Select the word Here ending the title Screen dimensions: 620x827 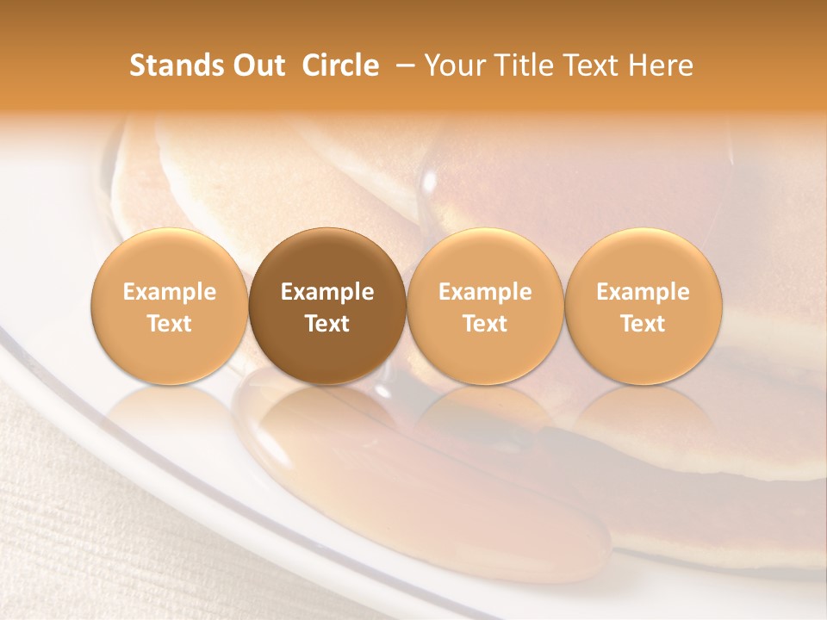[x=661, y=65]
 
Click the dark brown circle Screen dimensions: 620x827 [x=326, y=258]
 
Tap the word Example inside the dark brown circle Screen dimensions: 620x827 [x=327, y=292]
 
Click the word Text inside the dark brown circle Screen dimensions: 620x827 [x=327, y=324]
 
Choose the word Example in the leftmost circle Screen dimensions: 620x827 [x=170, y=292]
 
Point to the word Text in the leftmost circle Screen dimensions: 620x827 [x=170, y=324]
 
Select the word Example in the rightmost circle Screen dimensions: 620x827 [x=644, y=292]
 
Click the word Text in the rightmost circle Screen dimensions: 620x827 [x=644, y=324]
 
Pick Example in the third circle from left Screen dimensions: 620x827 [x=485, y=292]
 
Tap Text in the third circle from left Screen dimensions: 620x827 [x=485, y=324]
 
